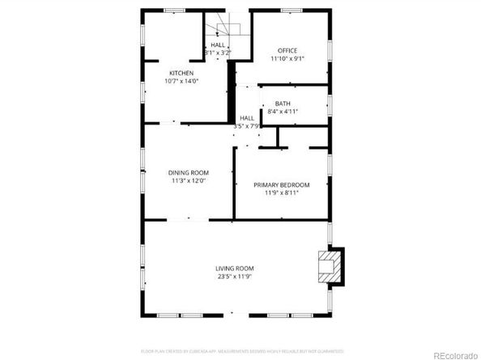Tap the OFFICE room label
(287, 51)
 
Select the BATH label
(283, 104)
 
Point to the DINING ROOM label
(189, 172)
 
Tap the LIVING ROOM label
(235, 269)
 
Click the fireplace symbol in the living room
(328, 266)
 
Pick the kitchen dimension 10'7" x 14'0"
(181, 81)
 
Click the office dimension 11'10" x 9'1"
(287, 59)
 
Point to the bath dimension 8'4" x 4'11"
(283, 112)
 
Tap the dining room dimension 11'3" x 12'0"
(189, 180)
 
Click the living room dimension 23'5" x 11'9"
(235, 277)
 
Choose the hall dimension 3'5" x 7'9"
(246, 126)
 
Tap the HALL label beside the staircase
(218, 45)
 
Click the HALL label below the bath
(246, 119)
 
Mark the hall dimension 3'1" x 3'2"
(218, 53)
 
